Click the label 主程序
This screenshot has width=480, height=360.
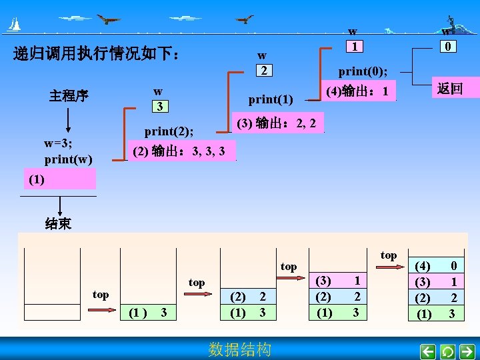(x=68, y=96)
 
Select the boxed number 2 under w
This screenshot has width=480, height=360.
(x=264, y=71)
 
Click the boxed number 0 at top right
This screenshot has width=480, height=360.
(x=451, y=47)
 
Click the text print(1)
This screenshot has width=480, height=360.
(x=271, y=100)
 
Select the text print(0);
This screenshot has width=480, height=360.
(x=367, y=71)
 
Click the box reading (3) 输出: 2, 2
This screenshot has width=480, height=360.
(x=276, y=123)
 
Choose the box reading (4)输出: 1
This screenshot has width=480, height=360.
(x=358, y=91)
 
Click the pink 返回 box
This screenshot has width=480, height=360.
(x=450, y=88)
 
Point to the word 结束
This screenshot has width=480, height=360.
(x=58, y=224)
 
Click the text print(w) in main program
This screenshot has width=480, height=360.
(x=68, y=159)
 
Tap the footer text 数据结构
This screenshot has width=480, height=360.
(x=240, y=349)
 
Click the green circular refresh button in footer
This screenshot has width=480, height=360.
(x=448, y=351)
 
